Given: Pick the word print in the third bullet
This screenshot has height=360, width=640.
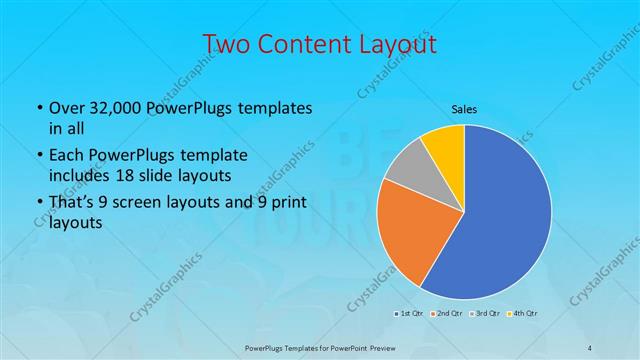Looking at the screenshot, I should tap(278, 204).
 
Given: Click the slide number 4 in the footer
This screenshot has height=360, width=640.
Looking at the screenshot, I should tap(590, 346).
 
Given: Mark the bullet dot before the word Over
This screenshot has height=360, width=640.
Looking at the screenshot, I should tap(38, 108).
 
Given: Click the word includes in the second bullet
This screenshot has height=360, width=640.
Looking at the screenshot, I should tap(76, 175).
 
